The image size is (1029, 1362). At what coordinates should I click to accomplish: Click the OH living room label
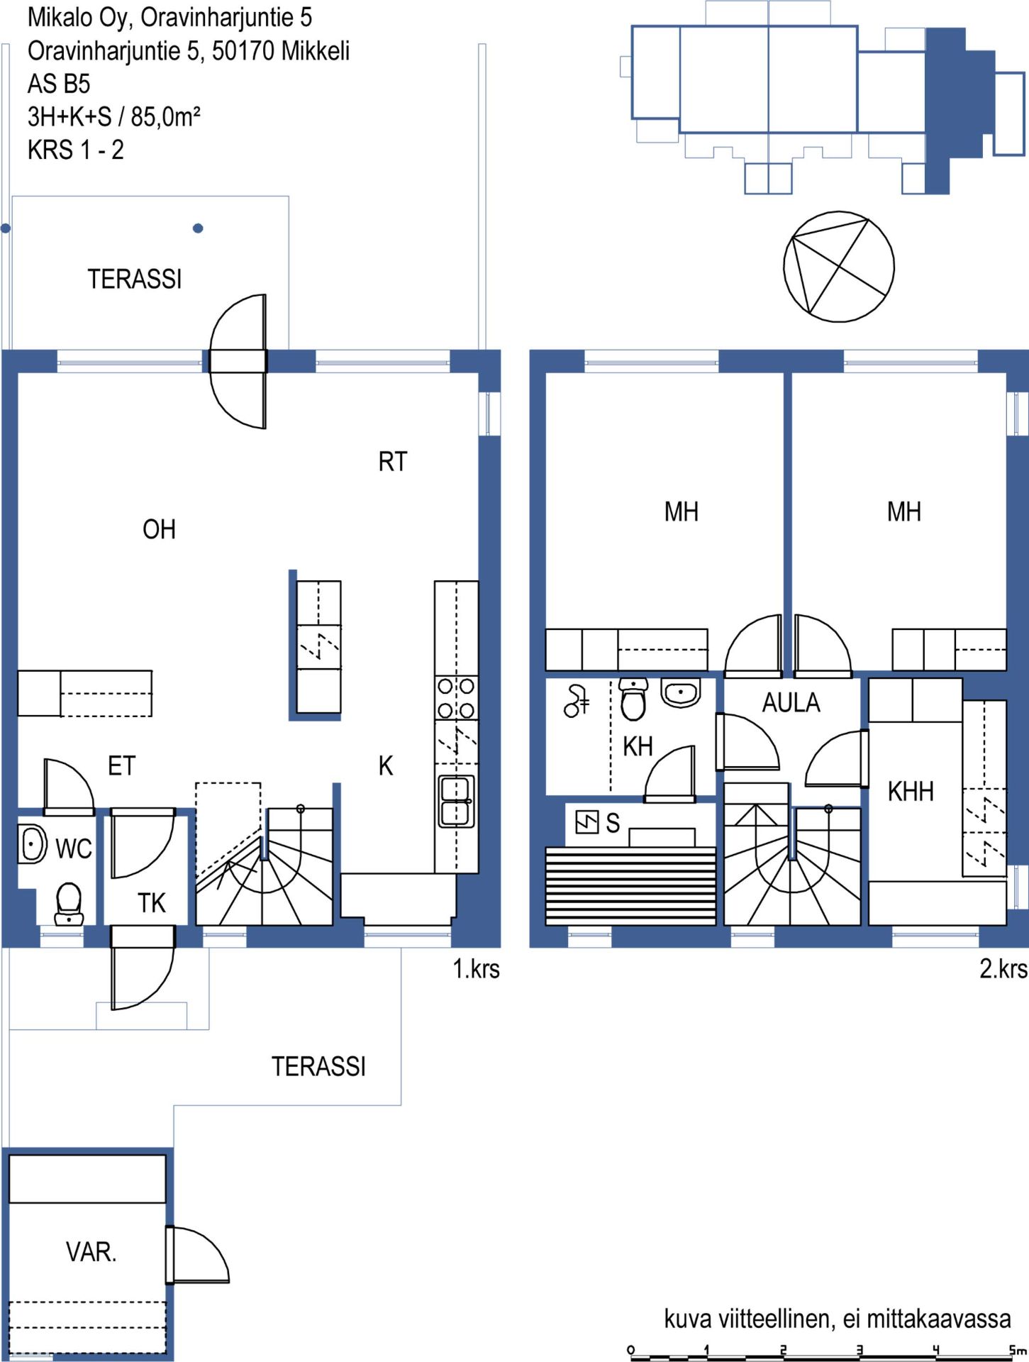point(159,529)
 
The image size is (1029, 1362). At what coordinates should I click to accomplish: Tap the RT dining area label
point(393,462)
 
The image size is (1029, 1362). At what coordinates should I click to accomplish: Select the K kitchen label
point(386,766)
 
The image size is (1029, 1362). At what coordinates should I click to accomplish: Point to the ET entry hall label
point(121,766)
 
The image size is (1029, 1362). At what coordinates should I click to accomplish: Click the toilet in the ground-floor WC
point(69,903)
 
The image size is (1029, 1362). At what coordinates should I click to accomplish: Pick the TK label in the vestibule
point(152,903)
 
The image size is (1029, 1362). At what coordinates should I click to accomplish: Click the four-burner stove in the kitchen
point(456,698)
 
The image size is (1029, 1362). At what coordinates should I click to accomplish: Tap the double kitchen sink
point(456,802)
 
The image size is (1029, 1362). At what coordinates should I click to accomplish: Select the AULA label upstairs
point(791,703)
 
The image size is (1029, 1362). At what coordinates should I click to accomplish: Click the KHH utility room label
point(911,792)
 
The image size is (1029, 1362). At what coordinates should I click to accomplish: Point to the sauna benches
point(630,886)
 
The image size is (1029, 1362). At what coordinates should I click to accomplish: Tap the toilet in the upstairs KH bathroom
point(633,699)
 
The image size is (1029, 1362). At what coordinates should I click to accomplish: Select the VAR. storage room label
point(91,1252)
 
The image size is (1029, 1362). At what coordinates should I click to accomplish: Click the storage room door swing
point(198,1255)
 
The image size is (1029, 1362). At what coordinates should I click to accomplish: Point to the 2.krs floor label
point(1003,969)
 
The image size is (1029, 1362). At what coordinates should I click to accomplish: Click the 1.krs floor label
point(477,969)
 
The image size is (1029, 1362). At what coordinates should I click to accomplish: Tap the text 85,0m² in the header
point(165,116)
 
